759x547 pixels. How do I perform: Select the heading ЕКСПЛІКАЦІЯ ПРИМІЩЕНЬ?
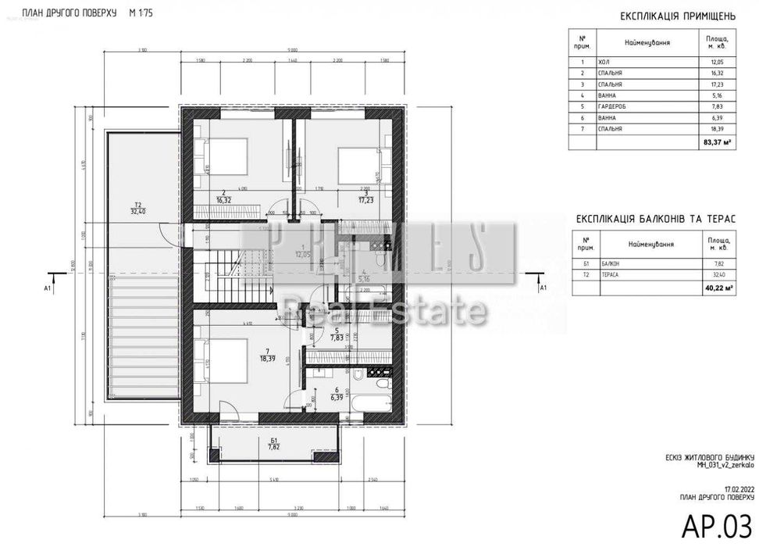click(x=676, y=15)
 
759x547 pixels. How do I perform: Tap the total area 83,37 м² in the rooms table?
click(x=717, y=142)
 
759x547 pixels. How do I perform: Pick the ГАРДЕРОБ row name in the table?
click(x=612, y=105)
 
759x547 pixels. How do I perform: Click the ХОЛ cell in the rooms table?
click(x=604, y=62)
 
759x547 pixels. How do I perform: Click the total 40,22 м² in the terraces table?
click(x=717, y=288)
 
